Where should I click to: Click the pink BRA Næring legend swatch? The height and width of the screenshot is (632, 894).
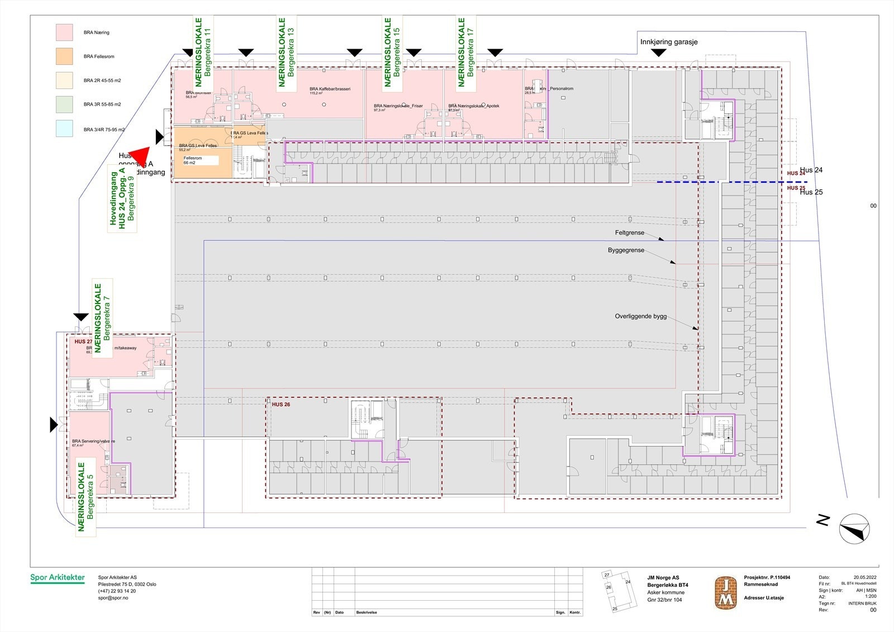tap(64, 32)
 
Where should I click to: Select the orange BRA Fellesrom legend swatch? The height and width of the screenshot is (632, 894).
tap(64, 56)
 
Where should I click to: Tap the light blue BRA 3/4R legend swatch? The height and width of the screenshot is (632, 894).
tap(64, 129)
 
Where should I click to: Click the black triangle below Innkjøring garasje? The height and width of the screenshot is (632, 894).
tap(659, 53)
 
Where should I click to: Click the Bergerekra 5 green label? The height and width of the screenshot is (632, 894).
tap(85, 496)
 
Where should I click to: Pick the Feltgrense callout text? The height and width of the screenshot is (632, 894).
tap(630, 233)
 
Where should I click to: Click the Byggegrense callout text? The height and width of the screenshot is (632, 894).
tap(626, 250)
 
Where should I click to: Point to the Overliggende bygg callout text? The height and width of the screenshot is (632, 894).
tap(641, 316)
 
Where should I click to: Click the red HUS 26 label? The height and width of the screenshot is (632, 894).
tap(281, 405)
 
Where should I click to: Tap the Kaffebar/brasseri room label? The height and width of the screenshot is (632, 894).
tap(330, 89)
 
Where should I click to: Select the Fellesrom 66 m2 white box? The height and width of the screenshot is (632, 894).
tap(200, 160)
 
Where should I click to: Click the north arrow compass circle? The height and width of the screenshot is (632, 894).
tap(854, 528)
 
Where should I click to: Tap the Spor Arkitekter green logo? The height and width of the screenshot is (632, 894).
tap(58, 578)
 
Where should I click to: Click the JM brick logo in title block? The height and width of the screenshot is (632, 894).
tap(725, 593)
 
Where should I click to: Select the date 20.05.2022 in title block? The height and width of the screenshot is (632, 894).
tap(865, 577)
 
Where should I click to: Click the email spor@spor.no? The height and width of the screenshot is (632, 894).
tap(113, 598)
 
